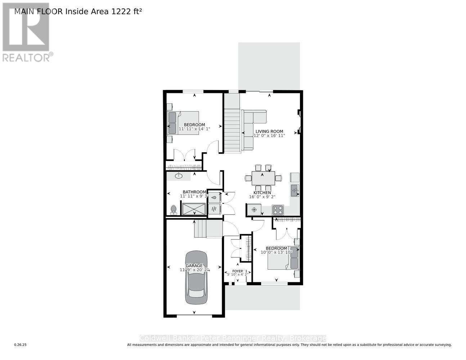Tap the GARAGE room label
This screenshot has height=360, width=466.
pyautogui.click(x=194, y=266)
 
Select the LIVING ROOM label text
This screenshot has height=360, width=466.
pyautogui.click(x=269, y=131)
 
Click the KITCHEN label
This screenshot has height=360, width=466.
pyautogui.click(x=262, y=193)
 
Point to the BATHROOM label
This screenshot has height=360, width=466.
pyautogui.click(x=194, y=192)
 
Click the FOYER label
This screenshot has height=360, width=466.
pyautogui.click(x=237, y=271)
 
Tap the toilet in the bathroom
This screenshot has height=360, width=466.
pyautogui.click(x=174, y=210)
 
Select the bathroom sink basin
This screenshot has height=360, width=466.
pyautogui.click(x=179, y=176)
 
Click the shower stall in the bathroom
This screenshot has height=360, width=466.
pyautogui.click(x=194, y=209)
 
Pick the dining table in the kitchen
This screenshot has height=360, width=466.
pyautogui.click(x=263, y=177)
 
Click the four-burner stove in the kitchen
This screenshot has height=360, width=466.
pyautogui.click(x=278, y=210)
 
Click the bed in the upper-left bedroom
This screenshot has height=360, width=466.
pyautogui.click(x=184, y=123)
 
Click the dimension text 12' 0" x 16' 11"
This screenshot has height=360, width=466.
pyautogui.click(x=269, y=136)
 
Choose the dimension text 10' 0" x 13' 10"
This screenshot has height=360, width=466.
pyautogui.click(x=277, y=252)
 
